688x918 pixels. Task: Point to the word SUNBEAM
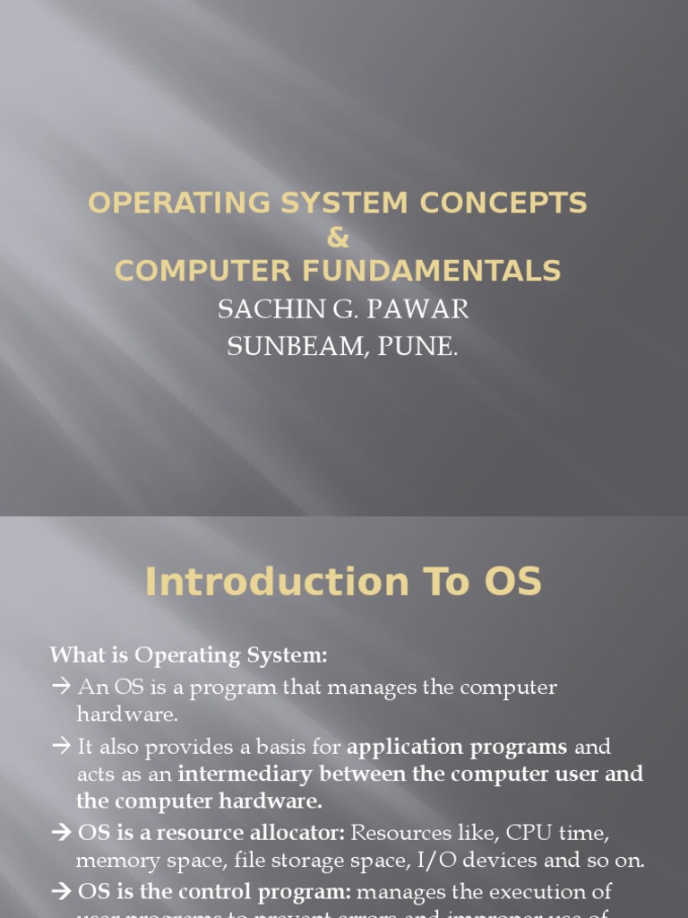pyautogui.click(x=282, y=347)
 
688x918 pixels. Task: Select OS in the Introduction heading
pyautogui.click(x=510, y=583)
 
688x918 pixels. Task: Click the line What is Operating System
pyautogui.click(x=189, y=655)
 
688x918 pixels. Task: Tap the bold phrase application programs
pyautogui.click(x=457, y=747)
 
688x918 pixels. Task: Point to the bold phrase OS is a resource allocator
pyautogui.click(x=211, y=833)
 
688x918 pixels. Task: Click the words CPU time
pyautogui.click(x=563, y=833)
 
